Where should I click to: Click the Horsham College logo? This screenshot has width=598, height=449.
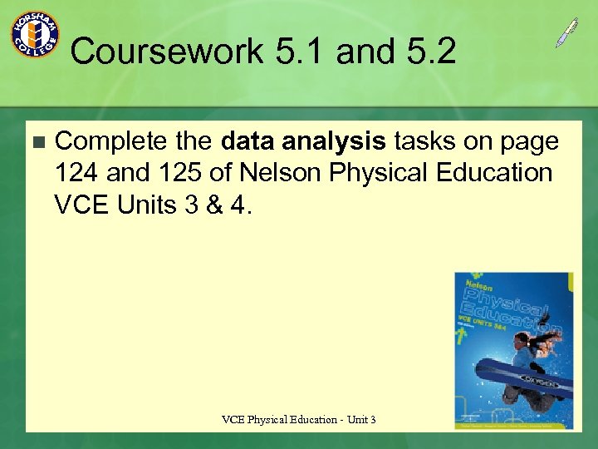click(34, 34)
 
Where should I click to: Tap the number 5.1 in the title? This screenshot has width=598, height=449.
click(300, 52)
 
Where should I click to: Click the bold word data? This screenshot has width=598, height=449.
click(250, 142)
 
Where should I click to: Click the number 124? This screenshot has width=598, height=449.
click(77, 173)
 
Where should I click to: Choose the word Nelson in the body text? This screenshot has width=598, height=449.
click(280, 173)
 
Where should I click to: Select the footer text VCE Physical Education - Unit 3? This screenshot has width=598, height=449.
click(299, 420)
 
